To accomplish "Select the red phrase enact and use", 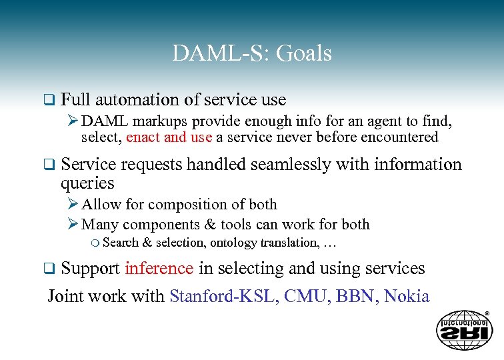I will pyautogui.click(x=169, y=137).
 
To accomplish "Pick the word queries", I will pyautogui.click(x=87, y=183).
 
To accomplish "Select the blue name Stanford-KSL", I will pyautogui.click(x=223, y=296).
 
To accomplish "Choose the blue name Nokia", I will pyautogui.click(x=407, y=296).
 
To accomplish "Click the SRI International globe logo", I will pyautogui.click(x=464, y=329).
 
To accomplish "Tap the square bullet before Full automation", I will pyautogui.click(x=47, y=101).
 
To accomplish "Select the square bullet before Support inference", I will pyautogui.click(x=47, y=269).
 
